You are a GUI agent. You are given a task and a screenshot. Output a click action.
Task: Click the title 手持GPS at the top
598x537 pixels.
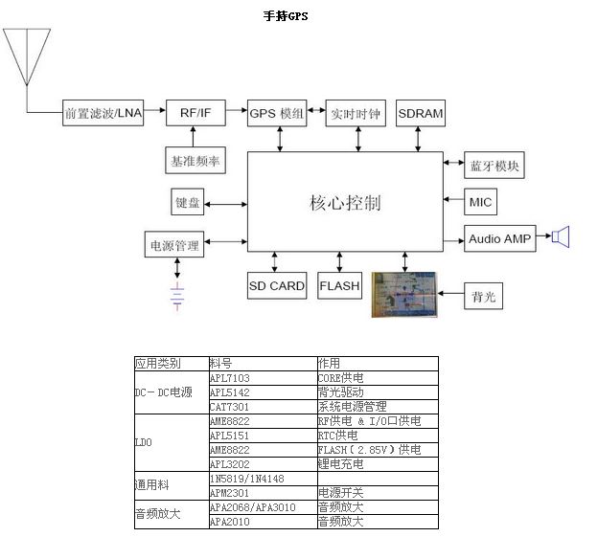pos(286,15)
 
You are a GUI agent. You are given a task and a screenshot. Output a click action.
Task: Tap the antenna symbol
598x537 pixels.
pos(27,57)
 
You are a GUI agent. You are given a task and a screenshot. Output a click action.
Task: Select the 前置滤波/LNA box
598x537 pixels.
pos(103,113)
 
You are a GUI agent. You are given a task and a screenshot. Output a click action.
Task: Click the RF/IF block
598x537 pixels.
pos(195,113)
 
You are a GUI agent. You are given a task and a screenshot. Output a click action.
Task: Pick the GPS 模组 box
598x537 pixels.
pos(277,113)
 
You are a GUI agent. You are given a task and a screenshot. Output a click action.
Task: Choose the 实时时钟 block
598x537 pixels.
pos(355,113)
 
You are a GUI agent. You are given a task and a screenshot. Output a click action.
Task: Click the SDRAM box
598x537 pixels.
pos(420,113)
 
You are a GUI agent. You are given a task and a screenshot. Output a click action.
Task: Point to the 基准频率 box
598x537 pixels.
pos(195,160)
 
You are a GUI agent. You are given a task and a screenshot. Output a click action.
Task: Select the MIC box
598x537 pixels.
pos(480,202)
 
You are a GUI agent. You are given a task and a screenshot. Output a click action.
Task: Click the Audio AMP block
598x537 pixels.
pos(499,238)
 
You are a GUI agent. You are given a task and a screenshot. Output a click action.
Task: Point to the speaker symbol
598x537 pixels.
pos(561,236)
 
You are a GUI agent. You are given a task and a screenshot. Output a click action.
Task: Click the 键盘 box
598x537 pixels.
pos(188,202)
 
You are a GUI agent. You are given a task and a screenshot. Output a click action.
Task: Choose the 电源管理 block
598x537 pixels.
pos(174,245)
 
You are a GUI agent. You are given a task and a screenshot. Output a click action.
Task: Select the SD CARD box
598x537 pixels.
pos(277,285)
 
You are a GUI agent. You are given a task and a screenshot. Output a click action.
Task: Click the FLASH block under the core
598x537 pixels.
pos(339,285)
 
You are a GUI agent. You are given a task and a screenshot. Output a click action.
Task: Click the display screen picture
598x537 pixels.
pos(403,295)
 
